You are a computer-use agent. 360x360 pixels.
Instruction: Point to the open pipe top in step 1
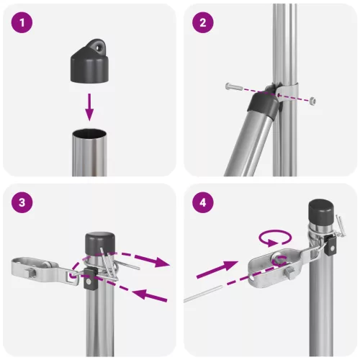(x=89, y=132)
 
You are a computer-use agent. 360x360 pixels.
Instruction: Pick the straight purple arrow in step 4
(x=219, y=270)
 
